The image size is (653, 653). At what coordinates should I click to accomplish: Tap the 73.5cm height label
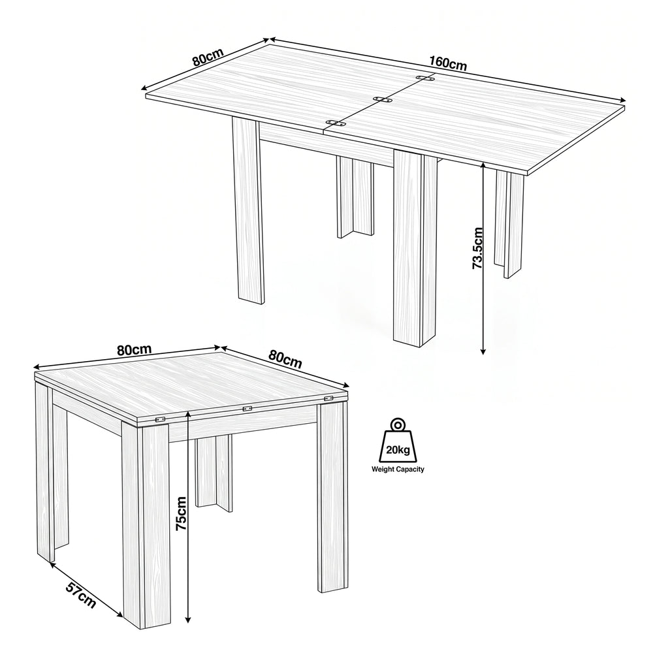tap(477, 248)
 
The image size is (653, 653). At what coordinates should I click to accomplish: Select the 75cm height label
tap(182, 513)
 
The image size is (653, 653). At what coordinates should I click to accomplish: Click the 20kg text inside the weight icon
tap(398, 450)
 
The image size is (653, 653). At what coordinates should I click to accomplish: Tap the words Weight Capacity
tap(398, 470)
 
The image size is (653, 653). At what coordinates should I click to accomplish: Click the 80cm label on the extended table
tap(208, 57)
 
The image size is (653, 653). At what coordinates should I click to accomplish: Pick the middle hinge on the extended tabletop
tap(383, 99)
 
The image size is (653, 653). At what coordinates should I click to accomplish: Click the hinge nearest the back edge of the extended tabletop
tap(425, 78)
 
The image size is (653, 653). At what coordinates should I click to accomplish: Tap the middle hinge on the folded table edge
tap(247, 409)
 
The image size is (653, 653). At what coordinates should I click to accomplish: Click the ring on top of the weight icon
tap(398, 425)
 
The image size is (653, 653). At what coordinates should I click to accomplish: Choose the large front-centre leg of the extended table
tap(415, 247)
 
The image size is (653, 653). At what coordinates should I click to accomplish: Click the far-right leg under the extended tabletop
tap(509, 223)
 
